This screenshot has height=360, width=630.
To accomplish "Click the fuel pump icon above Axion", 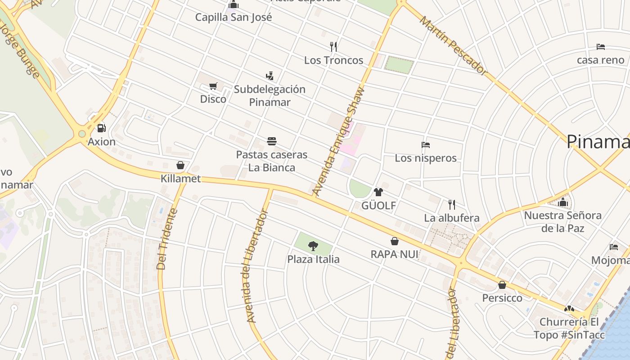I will coord(102,128).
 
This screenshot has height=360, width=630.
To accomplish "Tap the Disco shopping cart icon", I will coord(213,86).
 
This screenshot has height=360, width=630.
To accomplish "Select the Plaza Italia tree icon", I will coord(313,246).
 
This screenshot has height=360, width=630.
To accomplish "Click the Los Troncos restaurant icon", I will coord(333,46).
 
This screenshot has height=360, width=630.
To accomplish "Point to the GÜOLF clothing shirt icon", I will coord(378,192).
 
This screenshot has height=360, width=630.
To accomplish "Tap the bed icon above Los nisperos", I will coord(426,145).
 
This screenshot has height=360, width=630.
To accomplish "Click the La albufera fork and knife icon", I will coord(452,205).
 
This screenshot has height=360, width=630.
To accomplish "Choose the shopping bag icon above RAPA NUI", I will coord(395,241).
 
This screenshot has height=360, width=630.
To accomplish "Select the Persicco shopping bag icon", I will coord(502,285).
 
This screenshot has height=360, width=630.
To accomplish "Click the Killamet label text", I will coord(180,179).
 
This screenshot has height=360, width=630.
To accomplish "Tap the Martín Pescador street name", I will coord(454,45).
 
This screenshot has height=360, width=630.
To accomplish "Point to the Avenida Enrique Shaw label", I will coord(340,141).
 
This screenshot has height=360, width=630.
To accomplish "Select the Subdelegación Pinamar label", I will coord(270,95).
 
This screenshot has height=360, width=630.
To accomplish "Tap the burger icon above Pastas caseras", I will coord(271,141).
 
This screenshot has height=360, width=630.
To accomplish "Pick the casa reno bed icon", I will coord(601,46).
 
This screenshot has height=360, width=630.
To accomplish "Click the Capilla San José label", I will coord(234,18).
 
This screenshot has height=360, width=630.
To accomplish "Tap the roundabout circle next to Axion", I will coord(82,134).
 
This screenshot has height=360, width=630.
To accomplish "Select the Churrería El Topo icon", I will coord(569,309).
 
